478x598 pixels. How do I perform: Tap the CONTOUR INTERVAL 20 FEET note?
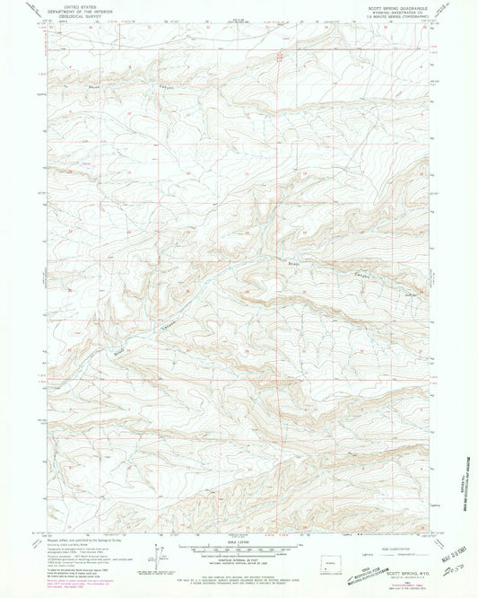(239, 558)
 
